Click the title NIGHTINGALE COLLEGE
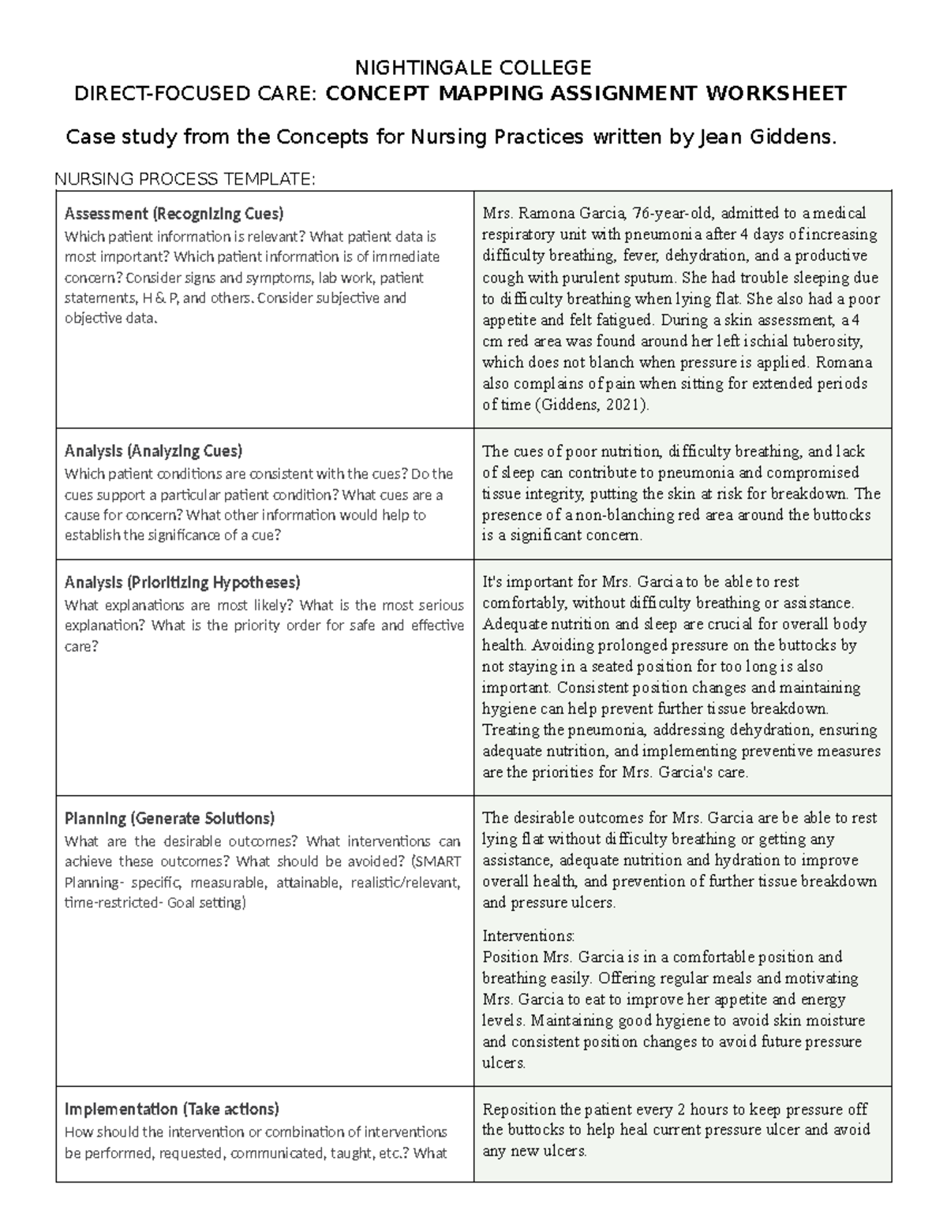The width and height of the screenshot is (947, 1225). [x=473, y=67]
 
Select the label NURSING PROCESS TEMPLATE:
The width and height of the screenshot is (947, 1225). [x=185, y=179]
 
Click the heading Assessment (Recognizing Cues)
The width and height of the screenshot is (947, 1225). [x=174, y=214]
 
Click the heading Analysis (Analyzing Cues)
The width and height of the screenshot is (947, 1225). [x=153, y=451]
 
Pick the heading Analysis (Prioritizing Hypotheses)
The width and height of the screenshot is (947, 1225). [x=182, y=583]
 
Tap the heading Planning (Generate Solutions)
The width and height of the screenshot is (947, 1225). [x=170, y=818]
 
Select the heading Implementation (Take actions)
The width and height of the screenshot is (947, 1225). [x=172, y=1109]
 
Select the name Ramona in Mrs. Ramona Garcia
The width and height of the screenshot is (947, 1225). [x=547, y=213]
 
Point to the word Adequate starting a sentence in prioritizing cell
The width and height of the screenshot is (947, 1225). [x=513, y=624]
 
